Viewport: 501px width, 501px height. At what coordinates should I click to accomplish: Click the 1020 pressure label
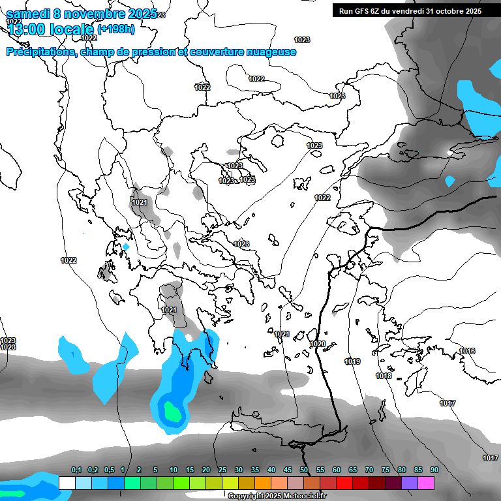click(x=318, y=344)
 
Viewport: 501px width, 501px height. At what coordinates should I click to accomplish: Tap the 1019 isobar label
click(x=353, y=361)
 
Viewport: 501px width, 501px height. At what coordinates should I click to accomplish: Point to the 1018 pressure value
click(x=384, y=376)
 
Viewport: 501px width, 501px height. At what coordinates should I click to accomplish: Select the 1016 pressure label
click(x=467, y=351)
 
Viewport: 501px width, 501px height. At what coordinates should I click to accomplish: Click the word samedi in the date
click(x=29, y=14)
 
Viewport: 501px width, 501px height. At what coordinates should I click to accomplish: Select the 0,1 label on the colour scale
click(x=76, y=470)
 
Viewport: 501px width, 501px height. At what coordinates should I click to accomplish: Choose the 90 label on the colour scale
click(x=434, y=470)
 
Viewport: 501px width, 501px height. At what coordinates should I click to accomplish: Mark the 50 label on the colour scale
click(x=304, y=470)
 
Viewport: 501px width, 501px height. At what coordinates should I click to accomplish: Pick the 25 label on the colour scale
click(x=222, y=470)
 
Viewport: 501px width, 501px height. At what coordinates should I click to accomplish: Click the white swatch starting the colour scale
click(x=67, y=483)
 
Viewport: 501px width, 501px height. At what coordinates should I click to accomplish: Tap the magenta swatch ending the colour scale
click(x=426, y=483)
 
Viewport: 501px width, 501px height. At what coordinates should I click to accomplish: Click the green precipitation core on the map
click(x=172, y=412)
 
